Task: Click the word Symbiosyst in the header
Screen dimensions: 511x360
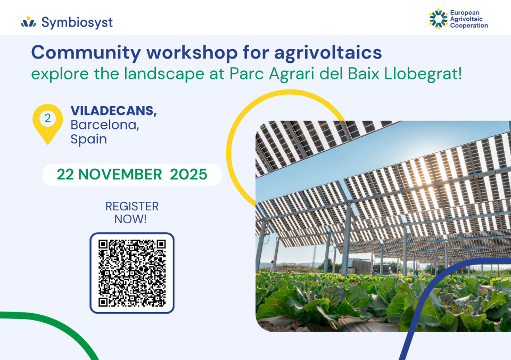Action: click(x=77, y=22)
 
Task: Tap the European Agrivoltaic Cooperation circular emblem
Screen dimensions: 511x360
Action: click(x=438, y=19)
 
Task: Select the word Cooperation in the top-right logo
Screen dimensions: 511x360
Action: click(x=469, y=26)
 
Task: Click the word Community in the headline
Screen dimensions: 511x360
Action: click(x=86, y=53)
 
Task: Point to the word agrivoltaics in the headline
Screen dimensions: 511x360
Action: click(x=328, y=53)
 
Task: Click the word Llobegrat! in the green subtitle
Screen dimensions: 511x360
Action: click(x=423, y=73)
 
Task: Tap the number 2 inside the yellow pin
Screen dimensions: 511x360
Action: click(x=47, y=118)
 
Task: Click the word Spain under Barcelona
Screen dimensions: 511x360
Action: click(x=89, y=139)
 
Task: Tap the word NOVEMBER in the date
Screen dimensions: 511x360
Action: click(x=120, y=175)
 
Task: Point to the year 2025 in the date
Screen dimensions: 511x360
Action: click(x=188, y=175)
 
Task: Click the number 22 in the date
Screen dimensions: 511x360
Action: click(x=65, y=175)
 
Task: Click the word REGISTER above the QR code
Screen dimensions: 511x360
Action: click(x=132, y=207)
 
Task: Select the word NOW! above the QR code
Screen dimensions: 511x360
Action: click(x=130, y=219)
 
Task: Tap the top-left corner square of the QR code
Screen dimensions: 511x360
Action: click(x=103, y=244)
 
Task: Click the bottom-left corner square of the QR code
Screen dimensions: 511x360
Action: click(x=103, y=302)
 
